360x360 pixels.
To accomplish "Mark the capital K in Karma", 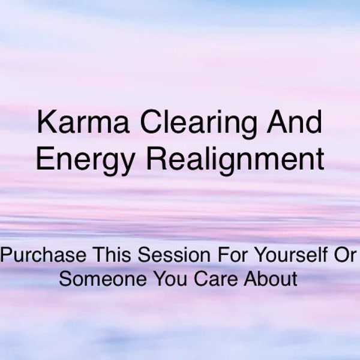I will pyautogui.click(x=45, y=124).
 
